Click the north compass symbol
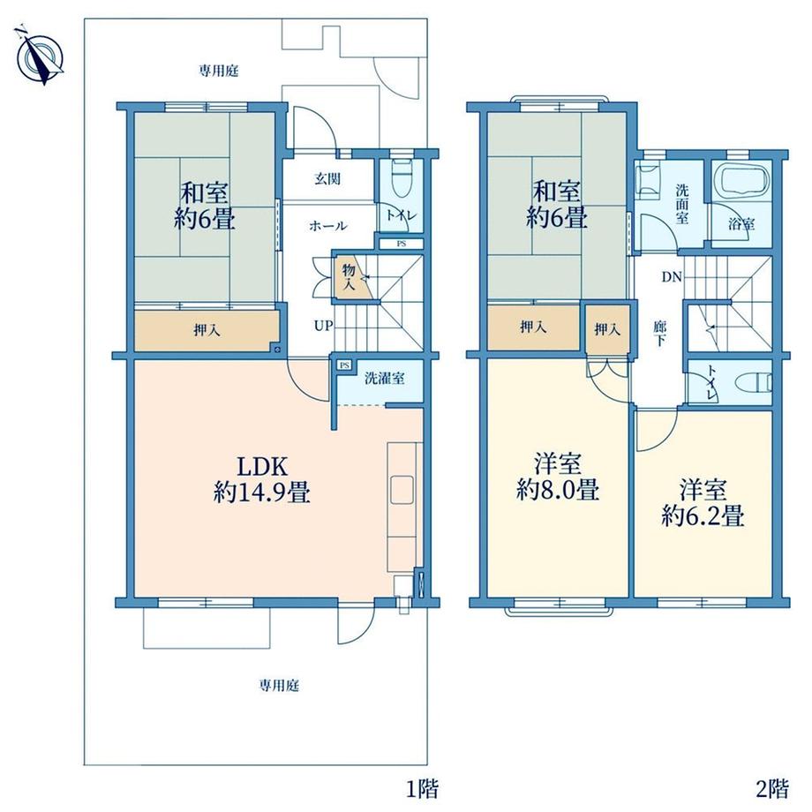click(40, 55)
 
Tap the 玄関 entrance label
click(327, 179)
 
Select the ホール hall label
click(328, 226)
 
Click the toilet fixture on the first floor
click(401, 178)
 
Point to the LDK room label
click(262, 467)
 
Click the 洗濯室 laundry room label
click(384, 378)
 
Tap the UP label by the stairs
click(323, 327)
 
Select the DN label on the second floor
click(672, 277)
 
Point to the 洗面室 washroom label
click(681, 204)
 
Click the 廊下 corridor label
click(660, 334)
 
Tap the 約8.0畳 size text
click(558, 489)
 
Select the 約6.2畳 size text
click(703, 515)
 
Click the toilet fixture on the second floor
click(755, 383)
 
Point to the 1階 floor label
click(423, 789)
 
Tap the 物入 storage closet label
click(349, 276)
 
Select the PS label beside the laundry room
click(344, 365)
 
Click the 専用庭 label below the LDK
click(279, 686)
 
